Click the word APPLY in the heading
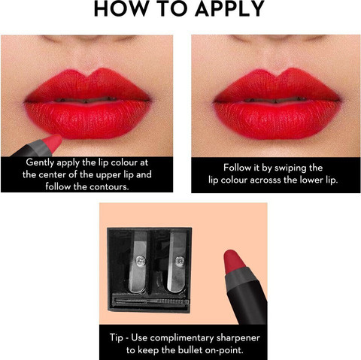point(230,9)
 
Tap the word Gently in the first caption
point(40,162)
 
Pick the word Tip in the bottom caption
point(117,337)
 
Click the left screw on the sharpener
point(140,261)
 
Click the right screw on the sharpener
point(180,261)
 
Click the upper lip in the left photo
point(88,85)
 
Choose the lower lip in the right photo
point(277,119)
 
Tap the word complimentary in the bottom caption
point(182,338)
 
